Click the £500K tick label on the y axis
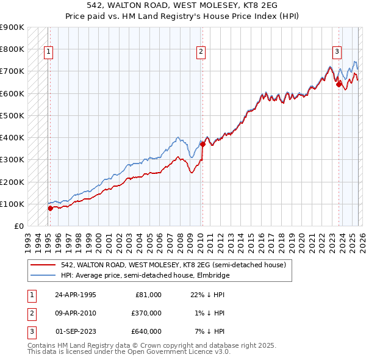coord(12,115)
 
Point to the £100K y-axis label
coord(12,204)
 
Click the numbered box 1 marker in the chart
coord(48,52)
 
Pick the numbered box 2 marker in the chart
coord(201,52)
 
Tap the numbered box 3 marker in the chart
coord(337,52)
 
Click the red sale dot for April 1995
coord(50,208)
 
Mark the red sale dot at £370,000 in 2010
coord(203,144)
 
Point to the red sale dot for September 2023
coord(339,84)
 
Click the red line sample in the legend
coord(44,265)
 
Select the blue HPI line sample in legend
coord(44,275)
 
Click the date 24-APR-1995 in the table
coord(76,295)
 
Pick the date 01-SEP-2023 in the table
coord(76,331)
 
